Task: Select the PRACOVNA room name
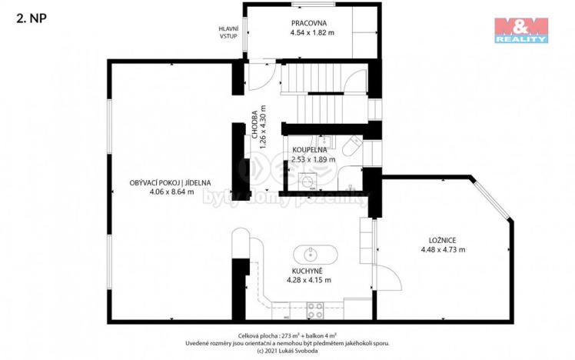[x=311, y=22]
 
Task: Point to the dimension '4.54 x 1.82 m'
[x=311, y=33]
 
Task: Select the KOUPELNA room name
[x=312, y=150]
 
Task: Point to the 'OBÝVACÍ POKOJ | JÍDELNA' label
[x=170, y=183]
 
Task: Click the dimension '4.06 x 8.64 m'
[x=170, y=193]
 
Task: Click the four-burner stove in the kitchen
[x=315, y=310]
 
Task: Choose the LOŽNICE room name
[x=442, y=239]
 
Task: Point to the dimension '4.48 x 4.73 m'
[x=442, y=249]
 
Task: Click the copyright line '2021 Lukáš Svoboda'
[x=286, y=351]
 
